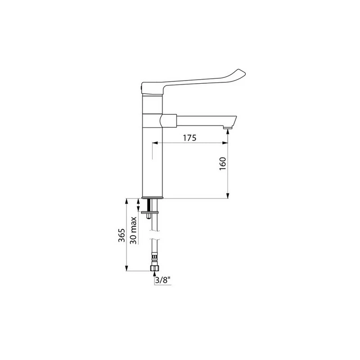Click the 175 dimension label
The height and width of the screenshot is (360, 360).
tap(189, 138)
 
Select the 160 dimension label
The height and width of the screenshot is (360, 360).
tap(223, 163)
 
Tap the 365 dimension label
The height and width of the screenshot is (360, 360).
tap(121, 235)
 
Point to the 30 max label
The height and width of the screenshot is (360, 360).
tap(133, 230)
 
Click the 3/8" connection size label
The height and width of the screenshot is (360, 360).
tap(163, 280)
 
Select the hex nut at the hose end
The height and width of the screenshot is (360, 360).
tap(154, 268)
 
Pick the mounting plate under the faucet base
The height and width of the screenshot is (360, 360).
tap(150, 212)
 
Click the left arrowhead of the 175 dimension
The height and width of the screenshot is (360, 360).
tap(155, 143)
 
